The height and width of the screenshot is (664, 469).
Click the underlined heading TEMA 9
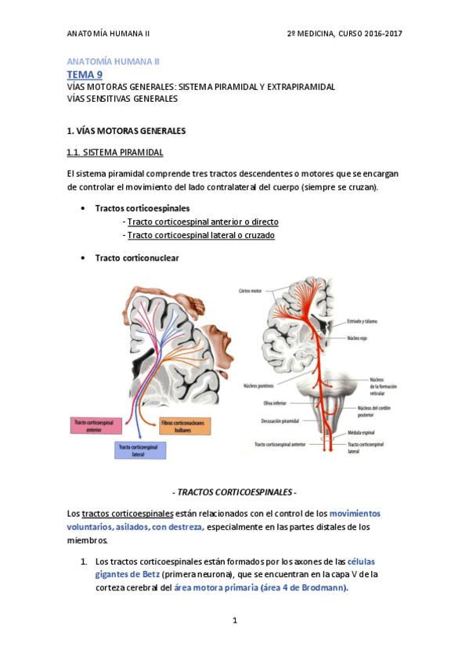pyautogui.click(x=85, y=74)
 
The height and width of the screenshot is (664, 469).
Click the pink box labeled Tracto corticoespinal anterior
pyautogui.click(x=93, y=425)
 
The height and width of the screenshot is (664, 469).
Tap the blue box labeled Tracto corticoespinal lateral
pyautogui.click(x=139, y=449)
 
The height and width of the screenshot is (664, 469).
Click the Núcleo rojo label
pyautogui.click(x=359, y=339)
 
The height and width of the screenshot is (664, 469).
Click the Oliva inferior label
pyautogui.click(x=258, y=402)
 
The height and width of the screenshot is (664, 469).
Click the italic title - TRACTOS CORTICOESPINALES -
pyautogui.click(x=234, y=493)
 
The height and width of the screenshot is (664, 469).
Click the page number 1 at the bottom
pyautogui.click(x=234, y=620)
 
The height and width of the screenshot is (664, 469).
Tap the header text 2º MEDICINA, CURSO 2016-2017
pyautogui.click(x=345, y=34)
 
